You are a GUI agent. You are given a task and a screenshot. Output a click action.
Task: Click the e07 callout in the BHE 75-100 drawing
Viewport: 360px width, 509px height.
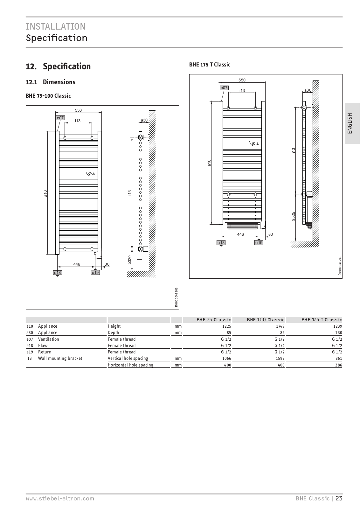(60, 118)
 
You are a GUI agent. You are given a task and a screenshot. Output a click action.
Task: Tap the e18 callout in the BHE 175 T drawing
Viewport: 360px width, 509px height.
(221, 243)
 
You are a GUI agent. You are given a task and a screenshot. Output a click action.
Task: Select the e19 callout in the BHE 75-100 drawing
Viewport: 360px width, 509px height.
(95, 273)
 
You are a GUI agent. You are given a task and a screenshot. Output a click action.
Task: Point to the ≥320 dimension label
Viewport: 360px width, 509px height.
(130, 260)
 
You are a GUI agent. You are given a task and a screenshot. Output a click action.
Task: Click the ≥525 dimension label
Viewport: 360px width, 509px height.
(294, 216)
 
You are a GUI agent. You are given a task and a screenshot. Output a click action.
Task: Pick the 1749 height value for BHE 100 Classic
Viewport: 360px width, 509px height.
(280, 326)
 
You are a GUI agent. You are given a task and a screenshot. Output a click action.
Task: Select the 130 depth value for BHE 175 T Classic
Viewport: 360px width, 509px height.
(338, 333)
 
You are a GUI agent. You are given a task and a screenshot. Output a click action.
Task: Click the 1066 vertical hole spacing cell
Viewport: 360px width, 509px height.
(226, 359)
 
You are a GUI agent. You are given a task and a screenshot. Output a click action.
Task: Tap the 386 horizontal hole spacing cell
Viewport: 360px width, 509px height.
(338, 365)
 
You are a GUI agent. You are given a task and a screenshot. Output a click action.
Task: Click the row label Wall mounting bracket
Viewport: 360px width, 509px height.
(60, 359)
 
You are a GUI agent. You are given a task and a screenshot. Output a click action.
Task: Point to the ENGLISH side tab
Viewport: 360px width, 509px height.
(350, 123)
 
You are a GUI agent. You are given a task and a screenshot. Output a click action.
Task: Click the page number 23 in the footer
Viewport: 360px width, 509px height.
(339, 499)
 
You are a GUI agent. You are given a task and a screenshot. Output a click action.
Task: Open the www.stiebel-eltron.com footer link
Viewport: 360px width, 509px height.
(60, 499)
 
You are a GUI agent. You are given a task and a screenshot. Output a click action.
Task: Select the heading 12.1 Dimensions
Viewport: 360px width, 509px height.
(51, 82)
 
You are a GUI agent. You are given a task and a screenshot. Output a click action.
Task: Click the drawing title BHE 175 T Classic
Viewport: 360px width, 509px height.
(210, 65)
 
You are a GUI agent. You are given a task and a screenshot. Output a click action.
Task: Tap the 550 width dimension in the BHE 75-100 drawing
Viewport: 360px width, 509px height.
(78, 110)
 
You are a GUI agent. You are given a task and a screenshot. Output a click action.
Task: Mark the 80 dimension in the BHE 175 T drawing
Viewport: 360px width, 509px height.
(271, 234)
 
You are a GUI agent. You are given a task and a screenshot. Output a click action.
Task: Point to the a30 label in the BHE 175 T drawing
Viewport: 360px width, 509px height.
(308, 90)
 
